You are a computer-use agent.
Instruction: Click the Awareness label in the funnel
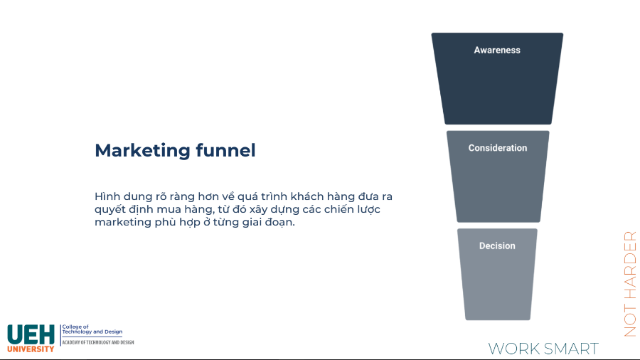pos(497,51)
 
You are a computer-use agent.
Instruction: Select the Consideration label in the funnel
pos(498,148)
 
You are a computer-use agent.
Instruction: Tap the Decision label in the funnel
pos(497,245)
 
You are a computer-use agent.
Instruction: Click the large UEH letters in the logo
pos(30,334)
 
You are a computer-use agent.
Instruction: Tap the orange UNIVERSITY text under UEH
pos(31,349)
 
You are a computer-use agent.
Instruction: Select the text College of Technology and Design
pos(92,329)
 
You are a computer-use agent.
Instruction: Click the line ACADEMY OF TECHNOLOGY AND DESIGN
pos(97,342)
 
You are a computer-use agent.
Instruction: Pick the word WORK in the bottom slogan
pos(513,349)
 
